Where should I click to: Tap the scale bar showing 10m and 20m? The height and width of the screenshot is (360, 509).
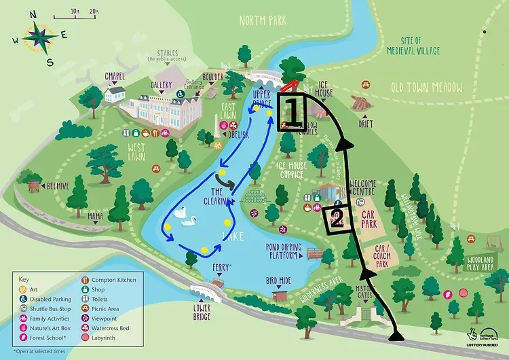coord(86,13)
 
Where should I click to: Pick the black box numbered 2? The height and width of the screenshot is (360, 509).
coord(335,219)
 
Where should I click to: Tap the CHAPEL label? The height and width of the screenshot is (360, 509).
coord(115,75)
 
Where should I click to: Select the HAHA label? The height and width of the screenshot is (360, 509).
coord(95,216)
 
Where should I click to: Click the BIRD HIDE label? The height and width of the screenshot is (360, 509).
coord(279,280)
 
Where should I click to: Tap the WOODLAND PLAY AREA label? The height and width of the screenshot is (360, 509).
coord(485,263)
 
